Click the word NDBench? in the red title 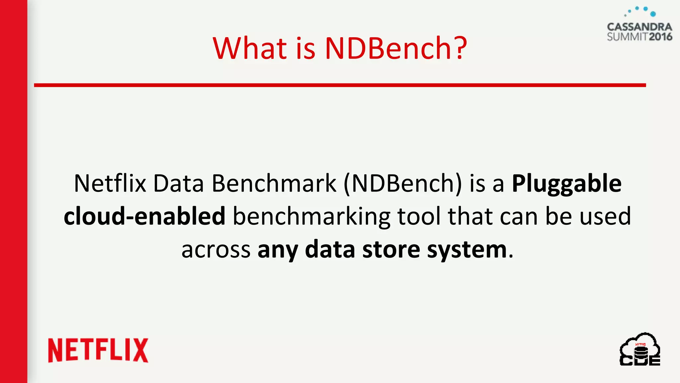point(396,48)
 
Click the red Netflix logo point(98,350)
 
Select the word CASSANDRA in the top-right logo point(639,27)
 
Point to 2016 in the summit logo point(660,37)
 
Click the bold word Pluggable point(566,184)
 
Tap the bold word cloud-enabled point(144,216)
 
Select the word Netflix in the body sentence point(110,184)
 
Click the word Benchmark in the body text point(274,184)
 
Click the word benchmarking point(311,216)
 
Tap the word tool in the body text point(419,216)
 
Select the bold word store point(391,249)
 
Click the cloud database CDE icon point(640,350)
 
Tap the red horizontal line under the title point(340,85)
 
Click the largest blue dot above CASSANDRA point(653,14)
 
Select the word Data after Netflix point(178,184)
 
